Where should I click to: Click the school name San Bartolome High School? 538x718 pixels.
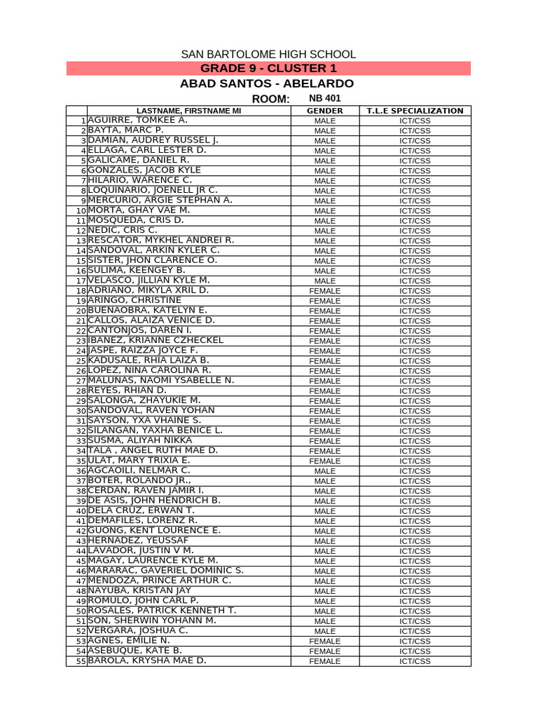(268, 54)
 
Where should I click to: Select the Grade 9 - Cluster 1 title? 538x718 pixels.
(268, 68)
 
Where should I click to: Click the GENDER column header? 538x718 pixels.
(325, 111)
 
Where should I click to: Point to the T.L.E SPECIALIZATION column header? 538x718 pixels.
(415, 111)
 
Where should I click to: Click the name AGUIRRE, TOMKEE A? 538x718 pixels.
(128, 121)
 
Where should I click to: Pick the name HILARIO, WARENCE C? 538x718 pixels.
(130, 180)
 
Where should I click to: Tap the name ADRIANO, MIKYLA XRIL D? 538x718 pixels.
(149, 290)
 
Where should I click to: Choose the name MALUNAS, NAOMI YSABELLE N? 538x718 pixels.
(161, 380)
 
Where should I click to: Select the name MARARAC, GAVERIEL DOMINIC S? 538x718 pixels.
(166, 571)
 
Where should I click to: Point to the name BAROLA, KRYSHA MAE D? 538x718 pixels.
(147, 661)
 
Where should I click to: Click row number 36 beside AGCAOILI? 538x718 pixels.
(81, 471)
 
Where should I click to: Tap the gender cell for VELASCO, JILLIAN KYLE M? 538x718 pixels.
(325, 280)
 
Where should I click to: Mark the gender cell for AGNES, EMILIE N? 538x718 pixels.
(325, 641)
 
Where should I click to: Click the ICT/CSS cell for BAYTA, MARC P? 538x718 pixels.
(415, 130)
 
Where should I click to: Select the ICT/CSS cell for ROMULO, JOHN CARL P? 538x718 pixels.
(415, 601)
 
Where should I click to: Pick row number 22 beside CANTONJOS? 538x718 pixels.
(81, 331)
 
